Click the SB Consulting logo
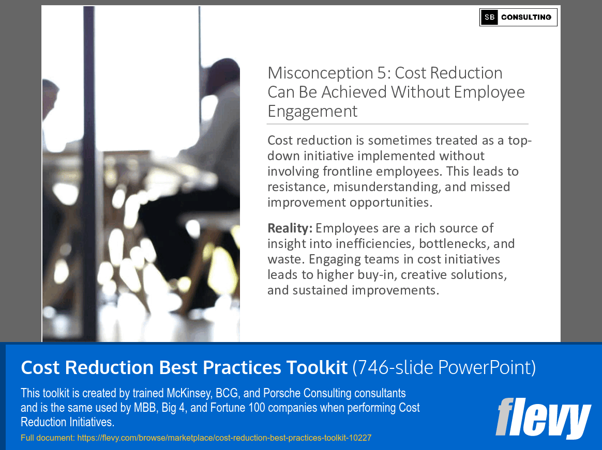click(x=518, y=17)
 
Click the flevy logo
click(x=543, y=417)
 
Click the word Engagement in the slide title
click(x=312, y=111)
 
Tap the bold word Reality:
click(x=290, y=228)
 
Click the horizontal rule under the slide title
click(x=397, y=124)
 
